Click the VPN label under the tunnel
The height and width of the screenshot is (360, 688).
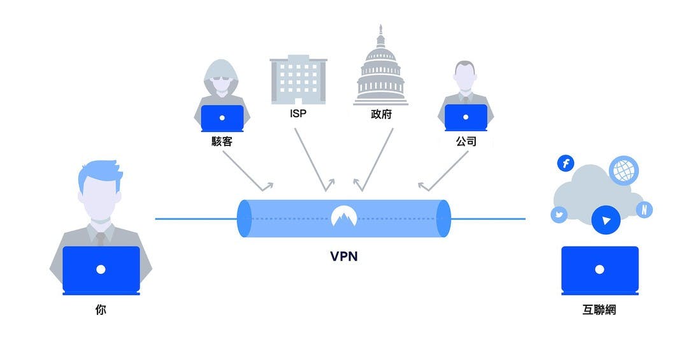344,257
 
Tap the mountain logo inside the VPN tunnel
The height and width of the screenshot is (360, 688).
344,217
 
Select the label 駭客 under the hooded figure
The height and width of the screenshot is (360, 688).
222,141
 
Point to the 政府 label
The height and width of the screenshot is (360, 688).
381,115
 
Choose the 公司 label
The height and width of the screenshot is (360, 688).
466,141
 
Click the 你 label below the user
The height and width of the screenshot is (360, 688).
101,311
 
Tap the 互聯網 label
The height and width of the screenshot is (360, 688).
599,311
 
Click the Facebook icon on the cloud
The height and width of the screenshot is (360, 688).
565,164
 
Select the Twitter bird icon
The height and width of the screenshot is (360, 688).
559,215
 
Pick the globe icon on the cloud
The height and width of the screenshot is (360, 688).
623,171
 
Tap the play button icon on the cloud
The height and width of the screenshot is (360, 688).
605,220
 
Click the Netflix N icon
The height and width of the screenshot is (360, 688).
644,210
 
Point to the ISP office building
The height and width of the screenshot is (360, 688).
297,80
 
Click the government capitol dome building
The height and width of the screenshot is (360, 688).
381,70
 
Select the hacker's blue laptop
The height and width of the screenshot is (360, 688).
222,118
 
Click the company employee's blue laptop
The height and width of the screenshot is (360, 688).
466,118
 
